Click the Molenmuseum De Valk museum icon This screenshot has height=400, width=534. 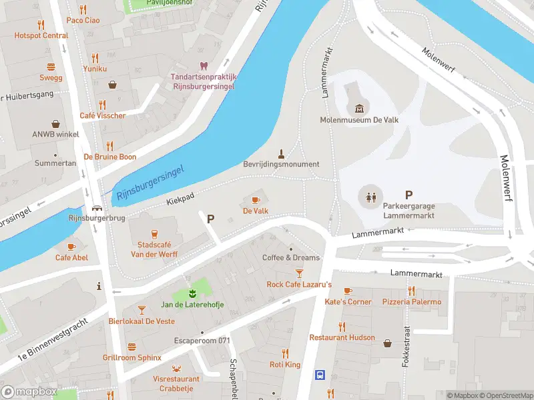click(x=360, y=109)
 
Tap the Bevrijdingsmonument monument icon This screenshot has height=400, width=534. click(x=281, y=152)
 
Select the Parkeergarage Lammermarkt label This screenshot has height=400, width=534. click(x=409, y=211)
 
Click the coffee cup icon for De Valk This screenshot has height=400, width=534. click(x=256, y=199)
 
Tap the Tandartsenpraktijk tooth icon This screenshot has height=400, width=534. click(x=204, y=65)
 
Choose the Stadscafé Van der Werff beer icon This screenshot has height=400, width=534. click(x=154, y=233)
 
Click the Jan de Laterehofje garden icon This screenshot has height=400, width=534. click(x=192, y=293)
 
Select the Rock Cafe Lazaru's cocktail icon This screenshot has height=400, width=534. click(x=299, y=273)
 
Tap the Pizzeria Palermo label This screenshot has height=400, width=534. click(x=412, y=302)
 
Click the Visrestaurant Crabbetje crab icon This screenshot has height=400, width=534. click(x=176, y=368)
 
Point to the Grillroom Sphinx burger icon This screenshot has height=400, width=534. click(x=131, y=346)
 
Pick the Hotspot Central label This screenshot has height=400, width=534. click(x=41, y=35)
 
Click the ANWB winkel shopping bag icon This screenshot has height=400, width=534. click(x=55, y=124)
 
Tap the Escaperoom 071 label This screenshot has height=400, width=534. click(x=202, y=341)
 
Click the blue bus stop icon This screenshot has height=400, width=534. click(x=320, y=375)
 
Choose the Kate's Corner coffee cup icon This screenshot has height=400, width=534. click(x=347, y=291)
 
